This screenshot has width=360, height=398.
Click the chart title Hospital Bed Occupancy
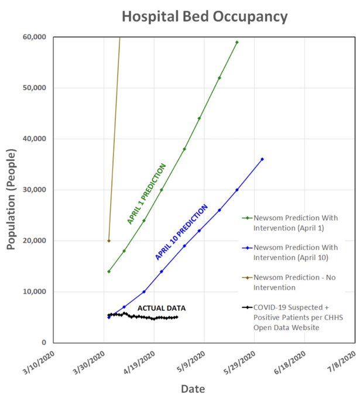[x=204, y=16]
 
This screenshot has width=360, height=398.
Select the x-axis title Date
[x=193, y=388]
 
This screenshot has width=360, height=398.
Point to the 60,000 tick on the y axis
[x=33, y=37]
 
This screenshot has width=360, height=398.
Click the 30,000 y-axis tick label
[x=33, y=190]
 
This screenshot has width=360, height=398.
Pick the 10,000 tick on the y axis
[x=33, y=291]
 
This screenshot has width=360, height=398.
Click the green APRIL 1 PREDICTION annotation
[x=147, y=194]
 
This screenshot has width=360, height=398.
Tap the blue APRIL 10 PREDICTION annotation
[x=181, y=232]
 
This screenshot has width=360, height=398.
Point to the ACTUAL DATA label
[x=162, y=308]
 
